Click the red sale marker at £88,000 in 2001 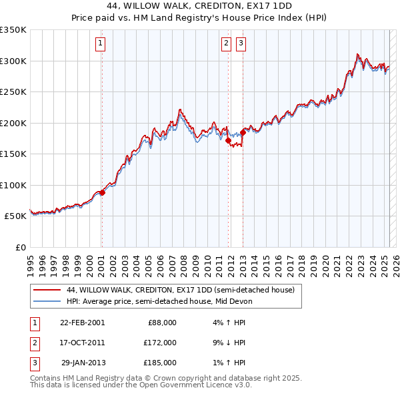coord(102,192)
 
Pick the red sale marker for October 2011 coord(228,141)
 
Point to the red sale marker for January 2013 coord(243,133)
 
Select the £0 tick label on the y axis coord(21,247)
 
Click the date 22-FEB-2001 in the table coord(83,323)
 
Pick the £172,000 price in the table coord(161,343)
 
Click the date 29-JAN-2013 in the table coord(83,363)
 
